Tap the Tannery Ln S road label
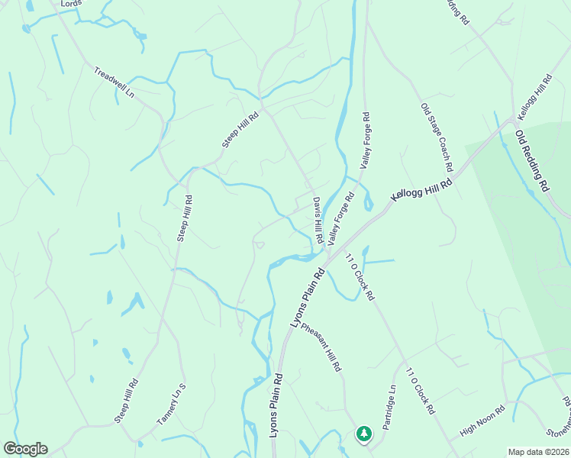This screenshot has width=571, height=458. click(172, 405)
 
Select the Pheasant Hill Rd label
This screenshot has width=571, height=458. click(321, 347)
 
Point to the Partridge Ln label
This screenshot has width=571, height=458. click(390, 407)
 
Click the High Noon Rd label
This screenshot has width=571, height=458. click(483, 421)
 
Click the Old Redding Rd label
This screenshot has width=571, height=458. click(532, 161)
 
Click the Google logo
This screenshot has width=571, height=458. click(25, 449)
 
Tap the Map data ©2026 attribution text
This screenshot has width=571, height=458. click(539, 452)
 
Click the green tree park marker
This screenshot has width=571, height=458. click(364, 434)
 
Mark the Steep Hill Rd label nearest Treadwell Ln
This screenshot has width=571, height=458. click(241, 130)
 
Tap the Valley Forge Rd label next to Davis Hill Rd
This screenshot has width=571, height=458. click(341, 218)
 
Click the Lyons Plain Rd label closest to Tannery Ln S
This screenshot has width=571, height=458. click(276, 405)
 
